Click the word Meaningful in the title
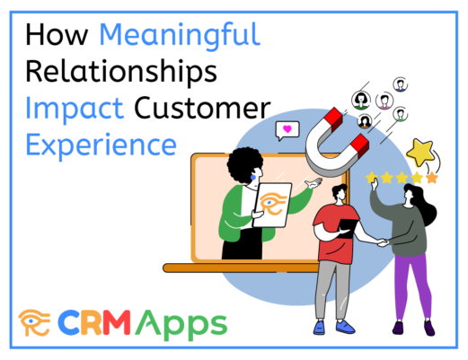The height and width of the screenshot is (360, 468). (180, 36)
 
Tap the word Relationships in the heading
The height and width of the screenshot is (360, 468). (121, 73)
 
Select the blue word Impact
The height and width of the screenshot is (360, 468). (75, 109)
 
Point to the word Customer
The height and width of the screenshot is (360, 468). (202, 108)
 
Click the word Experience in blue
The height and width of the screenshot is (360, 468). (102, 145)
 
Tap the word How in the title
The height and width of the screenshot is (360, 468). (57, 35)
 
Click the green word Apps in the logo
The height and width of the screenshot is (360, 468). (181, 325)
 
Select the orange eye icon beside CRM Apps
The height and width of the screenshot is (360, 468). (34, 322)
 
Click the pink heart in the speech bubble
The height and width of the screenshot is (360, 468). (287, 129)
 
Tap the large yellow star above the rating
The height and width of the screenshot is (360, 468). (420, 153)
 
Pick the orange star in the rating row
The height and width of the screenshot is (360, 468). (431, 178)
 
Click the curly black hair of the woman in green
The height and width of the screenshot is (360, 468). (244, 165)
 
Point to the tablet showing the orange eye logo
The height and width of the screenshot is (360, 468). (272, 205)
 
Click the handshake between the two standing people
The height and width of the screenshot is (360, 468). (383, 242)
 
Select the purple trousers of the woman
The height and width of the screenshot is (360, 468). (413, 285)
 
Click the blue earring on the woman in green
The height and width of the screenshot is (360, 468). (253, 178)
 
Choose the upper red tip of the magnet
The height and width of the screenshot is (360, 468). (333, 119)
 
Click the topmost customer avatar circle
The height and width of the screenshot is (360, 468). (401, 84)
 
